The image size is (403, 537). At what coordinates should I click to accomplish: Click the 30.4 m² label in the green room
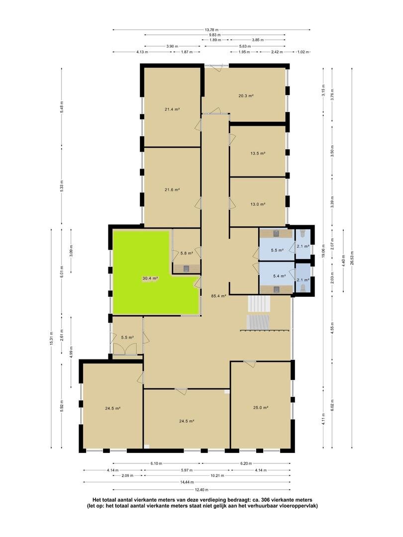(x=150, y=278)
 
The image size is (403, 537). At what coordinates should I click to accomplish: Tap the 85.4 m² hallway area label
(x=218, y=296)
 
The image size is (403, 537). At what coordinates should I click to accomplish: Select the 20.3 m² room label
(x=246, y=96)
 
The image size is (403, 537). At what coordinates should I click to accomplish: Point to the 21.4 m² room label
(x=172, y=109)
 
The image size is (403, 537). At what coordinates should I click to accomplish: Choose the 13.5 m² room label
(x=258, y=154)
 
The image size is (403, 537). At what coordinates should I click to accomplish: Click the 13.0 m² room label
(x=258, y=204)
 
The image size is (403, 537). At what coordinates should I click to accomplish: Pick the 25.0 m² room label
(x=260, y=408)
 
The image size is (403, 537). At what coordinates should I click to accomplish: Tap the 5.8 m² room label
(x=187, y=254)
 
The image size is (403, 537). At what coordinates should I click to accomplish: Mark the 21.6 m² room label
(x=172, y=189)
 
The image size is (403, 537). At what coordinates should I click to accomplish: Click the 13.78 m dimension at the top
(x=211, y=30)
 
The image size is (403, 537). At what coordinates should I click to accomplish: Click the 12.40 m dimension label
(x=201, y=490)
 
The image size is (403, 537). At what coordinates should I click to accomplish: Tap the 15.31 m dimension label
(x=51, y=339)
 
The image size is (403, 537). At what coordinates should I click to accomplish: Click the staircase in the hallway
(x=259, y=313)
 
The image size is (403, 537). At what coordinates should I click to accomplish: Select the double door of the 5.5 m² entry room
(x=123, y=350)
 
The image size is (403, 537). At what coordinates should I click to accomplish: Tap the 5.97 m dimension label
(x=187, y=470)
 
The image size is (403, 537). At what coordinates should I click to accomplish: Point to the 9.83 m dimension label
(x=215, y=35)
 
